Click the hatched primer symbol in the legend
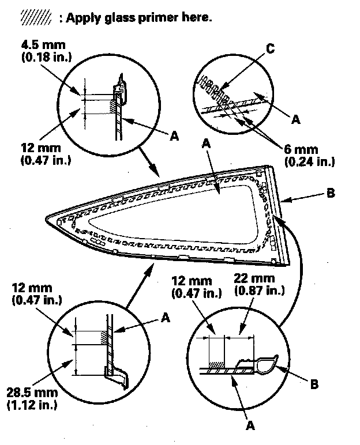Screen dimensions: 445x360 click(x=36, y=18)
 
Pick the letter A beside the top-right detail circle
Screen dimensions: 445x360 click(x=296, y=119)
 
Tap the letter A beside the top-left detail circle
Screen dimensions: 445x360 click(x=173, y=135)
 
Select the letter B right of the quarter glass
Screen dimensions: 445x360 click(x=330, y=194)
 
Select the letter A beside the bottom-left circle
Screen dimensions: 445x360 click(x=166, y=317)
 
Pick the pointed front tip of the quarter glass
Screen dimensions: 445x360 click(x=47, y=218)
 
